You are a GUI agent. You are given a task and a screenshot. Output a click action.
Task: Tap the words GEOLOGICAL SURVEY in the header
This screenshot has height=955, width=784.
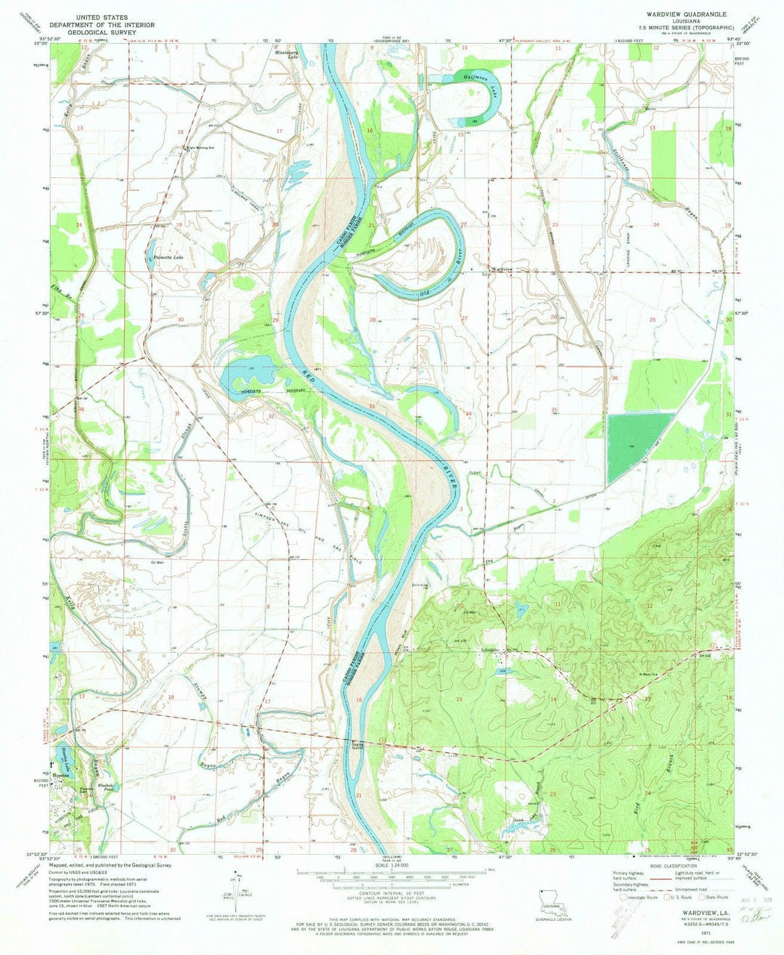(102, 32)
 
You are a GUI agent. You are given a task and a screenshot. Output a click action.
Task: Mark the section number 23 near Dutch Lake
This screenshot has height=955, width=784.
(553, 795)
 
